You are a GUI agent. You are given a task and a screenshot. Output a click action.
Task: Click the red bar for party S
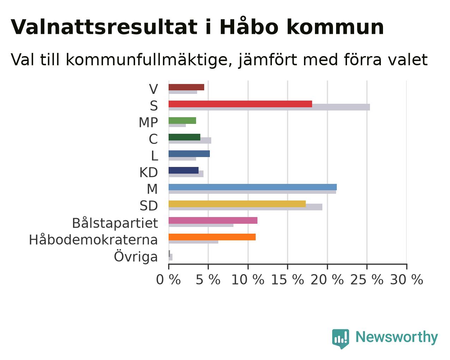click(240, 104)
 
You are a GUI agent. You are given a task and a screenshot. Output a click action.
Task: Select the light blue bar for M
click(253, 187)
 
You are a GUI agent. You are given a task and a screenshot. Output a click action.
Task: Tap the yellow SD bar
click(237, 204)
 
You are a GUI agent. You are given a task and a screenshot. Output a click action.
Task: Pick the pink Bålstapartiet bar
click(213, 220)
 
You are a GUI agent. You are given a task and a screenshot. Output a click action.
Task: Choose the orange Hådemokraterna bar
click(212, 237)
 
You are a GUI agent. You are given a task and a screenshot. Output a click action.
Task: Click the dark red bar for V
click(186, 87)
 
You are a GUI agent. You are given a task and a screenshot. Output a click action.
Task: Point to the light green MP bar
click(182, 121)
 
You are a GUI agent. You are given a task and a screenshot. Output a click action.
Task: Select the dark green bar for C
click(184, 137)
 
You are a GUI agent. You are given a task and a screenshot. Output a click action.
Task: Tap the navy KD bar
click(184, 170)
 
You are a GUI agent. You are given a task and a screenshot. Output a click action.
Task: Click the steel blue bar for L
click(189, 154)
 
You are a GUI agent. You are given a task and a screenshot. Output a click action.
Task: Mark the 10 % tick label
click(248, 280)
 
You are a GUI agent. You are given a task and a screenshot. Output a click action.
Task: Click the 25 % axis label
click(367, 280)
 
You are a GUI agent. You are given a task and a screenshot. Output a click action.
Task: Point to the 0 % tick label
click(168, 280)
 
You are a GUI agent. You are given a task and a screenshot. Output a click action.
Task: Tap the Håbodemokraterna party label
click(93, 240)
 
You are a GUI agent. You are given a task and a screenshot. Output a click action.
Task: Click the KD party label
click(149, 173)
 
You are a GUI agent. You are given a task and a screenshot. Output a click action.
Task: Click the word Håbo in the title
click(249, 26)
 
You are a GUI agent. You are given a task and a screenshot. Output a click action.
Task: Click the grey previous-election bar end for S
click(370, 107)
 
